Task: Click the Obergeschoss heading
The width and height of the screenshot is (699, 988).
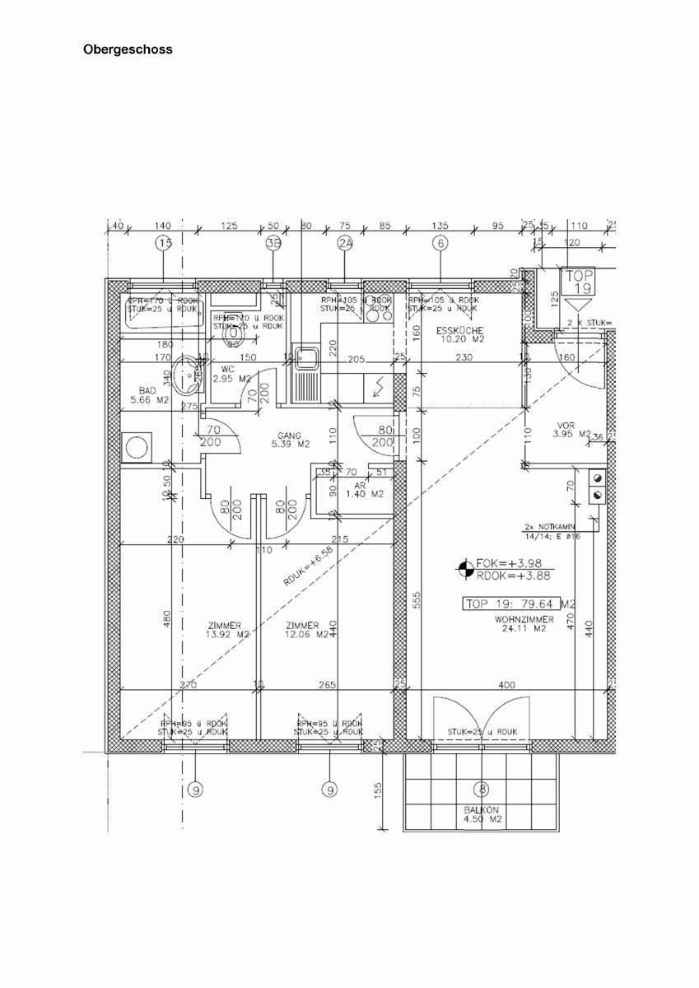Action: [x=128, y=49]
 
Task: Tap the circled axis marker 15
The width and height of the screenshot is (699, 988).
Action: [x=165, y=243]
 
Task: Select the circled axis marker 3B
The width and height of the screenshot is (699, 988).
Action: [x=274, y=243]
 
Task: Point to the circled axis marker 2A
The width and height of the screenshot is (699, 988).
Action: [x=345, y=243]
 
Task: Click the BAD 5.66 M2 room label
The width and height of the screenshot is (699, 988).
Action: [x=149, y=395]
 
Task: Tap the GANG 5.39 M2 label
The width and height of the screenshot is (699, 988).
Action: [x=292, y=440]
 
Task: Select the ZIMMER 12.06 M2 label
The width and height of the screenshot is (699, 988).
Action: [x=305, y=630]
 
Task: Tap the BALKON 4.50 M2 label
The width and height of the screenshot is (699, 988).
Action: [x=482, y=814]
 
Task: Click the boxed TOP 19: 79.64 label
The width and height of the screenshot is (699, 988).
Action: [x=511, y=604]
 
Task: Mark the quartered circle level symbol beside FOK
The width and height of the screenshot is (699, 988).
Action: [x=465, y=569]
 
